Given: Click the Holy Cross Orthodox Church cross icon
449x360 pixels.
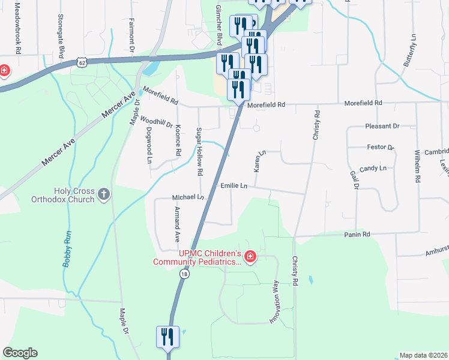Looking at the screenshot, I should click(x=104, y=194).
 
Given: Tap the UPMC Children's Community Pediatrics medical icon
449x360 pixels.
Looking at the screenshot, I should click(x=250, y=258).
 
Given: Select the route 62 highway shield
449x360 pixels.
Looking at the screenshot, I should click(x=82, y=62).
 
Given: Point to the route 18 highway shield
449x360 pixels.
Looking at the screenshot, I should click(x=184, y=274).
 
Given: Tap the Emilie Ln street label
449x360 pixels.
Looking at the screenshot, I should click(x=234, y=187).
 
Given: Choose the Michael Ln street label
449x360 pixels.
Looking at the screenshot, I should click(x=188, y=197).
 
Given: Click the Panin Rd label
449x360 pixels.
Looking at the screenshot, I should click(x=357, y=233).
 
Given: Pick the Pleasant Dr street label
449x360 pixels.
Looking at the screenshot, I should click(x=382, y=127).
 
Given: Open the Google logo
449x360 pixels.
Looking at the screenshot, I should click(x=20, y=352).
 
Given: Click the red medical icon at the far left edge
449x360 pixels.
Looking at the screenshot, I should click(x=3, y=71).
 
